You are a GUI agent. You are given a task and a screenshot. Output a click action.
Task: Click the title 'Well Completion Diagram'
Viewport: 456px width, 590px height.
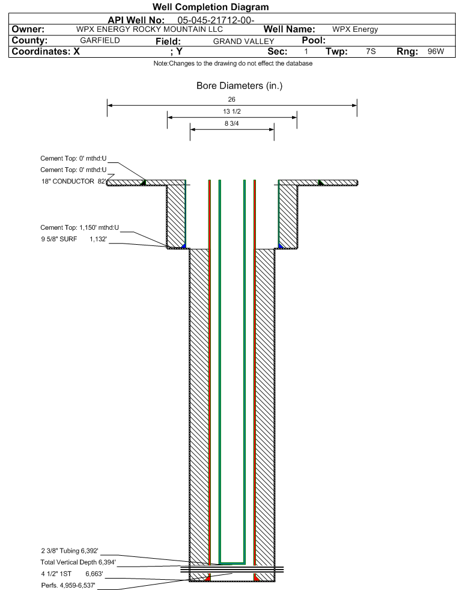210,7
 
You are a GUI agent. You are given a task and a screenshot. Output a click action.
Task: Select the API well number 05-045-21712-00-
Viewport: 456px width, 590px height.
216,20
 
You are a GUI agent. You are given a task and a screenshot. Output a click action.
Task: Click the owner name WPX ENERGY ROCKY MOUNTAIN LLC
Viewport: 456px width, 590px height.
150,29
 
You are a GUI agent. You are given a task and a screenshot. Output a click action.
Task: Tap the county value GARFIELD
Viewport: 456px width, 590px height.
100,40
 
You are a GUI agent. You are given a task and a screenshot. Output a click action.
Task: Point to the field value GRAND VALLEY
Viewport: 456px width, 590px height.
243,41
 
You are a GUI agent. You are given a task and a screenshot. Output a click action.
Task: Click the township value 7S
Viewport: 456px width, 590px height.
371,52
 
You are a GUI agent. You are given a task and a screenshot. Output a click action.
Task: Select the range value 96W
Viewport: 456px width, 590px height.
436,52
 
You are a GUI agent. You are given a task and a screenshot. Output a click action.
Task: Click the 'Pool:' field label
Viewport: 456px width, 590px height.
313,40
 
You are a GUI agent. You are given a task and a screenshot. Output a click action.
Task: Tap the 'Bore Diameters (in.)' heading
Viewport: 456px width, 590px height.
239,86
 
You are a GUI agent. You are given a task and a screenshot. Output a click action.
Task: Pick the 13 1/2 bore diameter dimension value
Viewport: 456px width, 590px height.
232,112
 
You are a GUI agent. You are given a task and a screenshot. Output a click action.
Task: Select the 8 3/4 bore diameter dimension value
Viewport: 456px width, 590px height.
232,124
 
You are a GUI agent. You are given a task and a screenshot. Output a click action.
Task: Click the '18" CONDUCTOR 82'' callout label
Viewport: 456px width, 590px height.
73,181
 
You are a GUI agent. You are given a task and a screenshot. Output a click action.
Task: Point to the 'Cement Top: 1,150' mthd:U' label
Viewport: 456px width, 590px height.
80,228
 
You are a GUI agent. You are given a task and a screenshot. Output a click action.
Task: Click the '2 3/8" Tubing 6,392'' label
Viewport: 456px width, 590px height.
69,551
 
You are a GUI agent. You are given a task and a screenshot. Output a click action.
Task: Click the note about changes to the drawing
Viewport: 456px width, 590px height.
233,64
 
